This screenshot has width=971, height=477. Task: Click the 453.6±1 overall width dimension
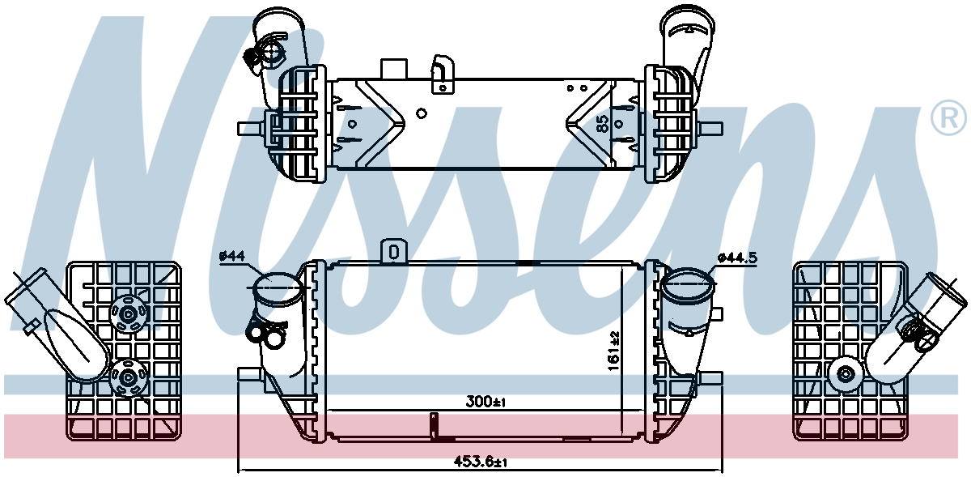(x=480, y=462)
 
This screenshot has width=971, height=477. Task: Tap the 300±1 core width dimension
(x=485, y=402)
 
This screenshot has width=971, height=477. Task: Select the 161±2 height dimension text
(x=614, y=351)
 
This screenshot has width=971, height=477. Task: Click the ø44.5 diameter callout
(x=737, y=258)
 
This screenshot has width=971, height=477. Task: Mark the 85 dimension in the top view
(x=602, y=124)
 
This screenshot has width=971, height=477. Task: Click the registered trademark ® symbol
(x=948, y=117)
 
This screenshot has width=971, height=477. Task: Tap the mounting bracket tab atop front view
(x=393, y=251)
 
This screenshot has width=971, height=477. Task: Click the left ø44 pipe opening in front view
(x=278, y=287)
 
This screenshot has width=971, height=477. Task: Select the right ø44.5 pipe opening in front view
(x=689, y=285)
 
